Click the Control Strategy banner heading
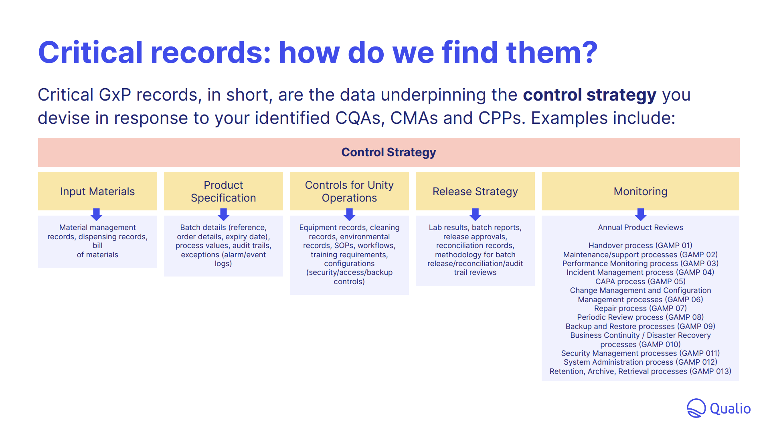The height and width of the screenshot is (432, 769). pyautogui.click(x=389, y=152)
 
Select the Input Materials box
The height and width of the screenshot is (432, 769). pyautogui.click(x=97, y=191)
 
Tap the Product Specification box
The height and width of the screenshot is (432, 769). pyautogui.click(x=223, y=191)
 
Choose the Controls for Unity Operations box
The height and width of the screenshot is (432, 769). pyautogui.click(x=349, y=191)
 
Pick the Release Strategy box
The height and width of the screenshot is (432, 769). pyautogui.click(x=475, y=191)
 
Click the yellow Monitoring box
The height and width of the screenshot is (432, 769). pyautogui.click(x=640, y=191)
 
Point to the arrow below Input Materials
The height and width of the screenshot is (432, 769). pyautogui.click(x=96, y=214)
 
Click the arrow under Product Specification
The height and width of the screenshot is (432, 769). pyautogui.click(x=223, y=214)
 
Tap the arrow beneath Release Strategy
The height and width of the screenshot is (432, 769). pyautogui.click(x=475, y=214)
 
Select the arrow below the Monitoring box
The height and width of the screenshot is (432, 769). pyautogui.click(x=640, y=214)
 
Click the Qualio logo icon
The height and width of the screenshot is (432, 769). pyautogui.click(x=696, y=408)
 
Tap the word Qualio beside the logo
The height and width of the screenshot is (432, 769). pyautogui.click(x=730, y=409)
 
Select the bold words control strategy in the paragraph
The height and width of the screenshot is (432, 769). pyautogui.click(x=589, y=95)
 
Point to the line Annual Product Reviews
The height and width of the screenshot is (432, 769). pyautogui.click(x=640, y=228)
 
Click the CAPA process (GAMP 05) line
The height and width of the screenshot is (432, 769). pyautogui.click(x=640, y=281)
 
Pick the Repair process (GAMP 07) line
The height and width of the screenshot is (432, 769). pyautogui.click(x=640, y=308)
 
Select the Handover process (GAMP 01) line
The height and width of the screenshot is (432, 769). pyautogui.click(x=640, y=245)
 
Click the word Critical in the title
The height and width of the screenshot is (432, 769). pyautogui.click(x=90, y=52)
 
